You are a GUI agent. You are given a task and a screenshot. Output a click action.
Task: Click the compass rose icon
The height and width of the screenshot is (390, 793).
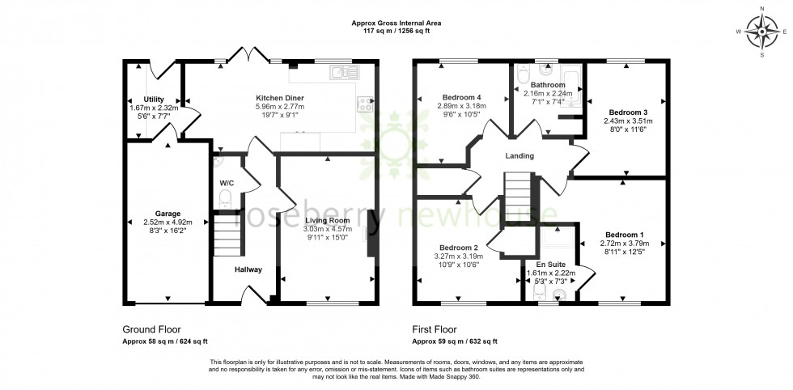[762, 32]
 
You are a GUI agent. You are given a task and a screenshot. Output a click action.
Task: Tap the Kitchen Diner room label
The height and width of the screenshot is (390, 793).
[274, 97]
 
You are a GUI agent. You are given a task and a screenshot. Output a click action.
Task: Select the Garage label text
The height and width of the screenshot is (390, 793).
[168, 214]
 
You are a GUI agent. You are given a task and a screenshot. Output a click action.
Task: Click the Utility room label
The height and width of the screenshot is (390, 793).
[154, 99]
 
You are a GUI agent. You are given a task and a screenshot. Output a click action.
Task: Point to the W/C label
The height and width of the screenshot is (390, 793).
[227, 182]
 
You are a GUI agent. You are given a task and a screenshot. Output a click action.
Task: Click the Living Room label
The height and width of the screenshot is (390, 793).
[327, 220]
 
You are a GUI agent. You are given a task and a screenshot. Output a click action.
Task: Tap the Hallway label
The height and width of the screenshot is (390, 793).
[248, 269]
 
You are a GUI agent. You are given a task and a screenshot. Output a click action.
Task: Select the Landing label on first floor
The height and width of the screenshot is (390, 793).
[519, 156]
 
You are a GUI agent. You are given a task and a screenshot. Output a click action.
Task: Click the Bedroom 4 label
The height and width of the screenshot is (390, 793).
[458, 95]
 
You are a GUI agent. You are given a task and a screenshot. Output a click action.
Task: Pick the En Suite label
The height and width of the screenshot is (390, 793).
[551, 264]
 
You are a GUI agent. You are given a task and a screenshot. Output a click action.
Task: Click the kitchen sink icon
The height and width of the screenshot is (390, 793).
[344, 73]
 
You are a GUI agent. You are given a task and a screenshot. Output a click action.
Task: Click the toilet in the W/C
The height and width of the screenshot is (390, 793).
[226, 197]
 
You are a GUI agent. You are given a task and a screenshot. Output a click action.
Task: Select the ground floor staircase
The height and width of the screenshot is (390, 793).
[227, 235]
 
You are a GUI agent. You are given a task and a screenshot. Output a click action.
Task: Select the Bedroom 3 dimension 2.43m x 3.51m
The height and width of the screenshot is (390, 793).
[627, 121]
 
